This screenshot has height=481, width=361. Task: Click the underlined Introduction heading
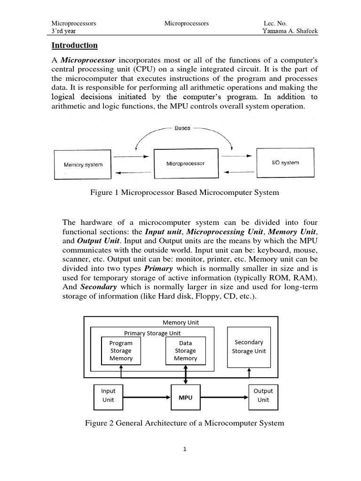(74, 46)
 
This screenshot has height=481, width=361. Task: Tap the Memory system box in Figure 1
(83, 164)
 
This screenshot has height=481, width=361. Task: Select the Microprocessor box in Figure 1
(186, 163)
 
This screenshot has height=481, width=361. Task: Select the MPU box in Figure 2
(186, 397)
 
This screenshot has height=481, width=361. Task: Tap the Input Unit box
(109, 395)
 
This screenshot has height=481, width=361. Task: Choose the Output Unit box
(263, 395)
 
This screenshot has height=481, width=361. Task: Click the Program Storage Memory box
(121, 350)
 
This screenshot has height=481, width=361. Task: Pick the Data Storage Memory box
(186, 350)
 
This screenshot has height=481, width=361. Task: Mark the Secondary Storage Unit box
(249, 347)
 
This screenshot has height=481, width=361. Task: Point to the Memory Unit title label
(181, 322)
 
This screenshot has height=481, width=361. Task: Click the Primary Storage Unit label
(152, 333)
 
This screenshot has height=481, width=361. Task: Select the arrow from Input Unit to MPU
(142, 397)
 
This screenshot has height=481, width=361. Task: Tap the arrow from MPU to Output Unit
(226, 397)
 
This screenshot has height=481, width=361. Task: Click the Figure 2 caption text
(184, 423)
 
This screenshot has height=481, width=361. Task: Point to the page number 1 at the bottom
(185, 449)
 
